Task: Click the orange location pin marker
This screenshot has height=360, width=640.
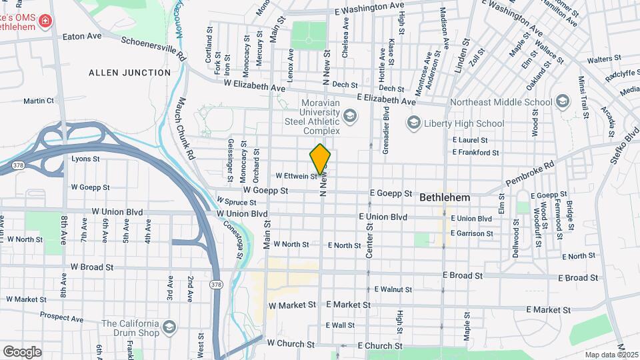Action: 321,159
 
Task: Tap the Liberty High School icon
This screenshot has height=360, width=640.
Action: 413,123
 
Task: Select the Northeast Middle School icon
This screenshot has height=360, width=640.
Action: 563,102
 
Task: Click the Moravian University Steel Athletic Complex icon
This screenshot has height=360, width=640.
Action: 350,117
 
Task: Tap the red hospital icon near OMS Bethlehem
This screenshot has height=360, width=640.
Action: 45,21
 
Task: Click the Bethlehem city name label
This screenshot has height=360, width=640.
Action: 445,198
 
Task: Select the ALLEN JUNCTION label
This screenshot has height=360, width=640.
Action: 130,72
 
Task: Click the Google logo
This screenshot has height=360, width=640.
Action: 21,351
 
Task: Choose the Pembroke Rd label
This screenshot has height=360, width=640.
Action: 530,173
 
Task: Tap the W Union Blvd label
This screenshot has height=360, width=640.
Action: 242,213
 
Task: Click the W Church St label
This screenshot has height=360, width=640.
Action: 290,343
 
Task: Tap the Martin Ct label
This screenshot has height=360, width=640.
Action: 38,101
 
